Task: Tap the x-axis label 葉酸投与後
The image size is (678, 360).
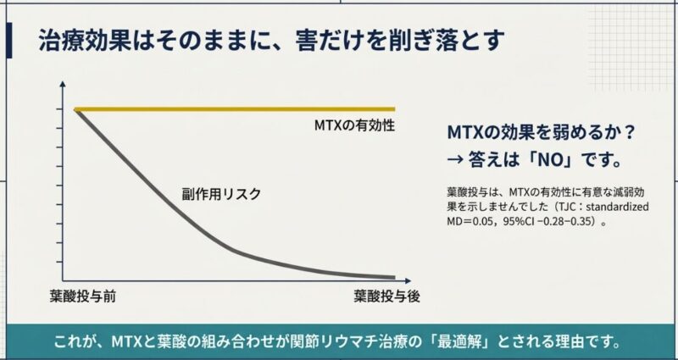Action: pos(386,296)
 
